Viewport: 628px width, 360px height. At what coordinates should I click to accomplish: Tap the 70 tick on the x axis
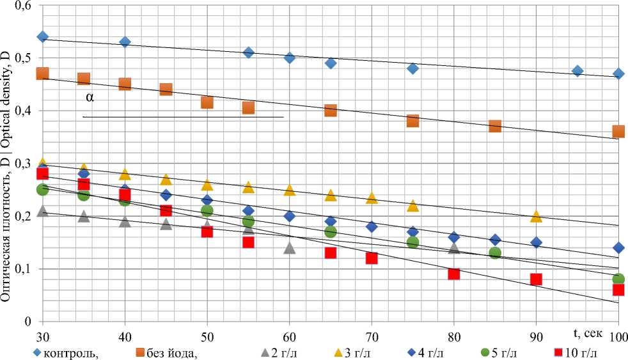pyautogui.click(x=372, y=336)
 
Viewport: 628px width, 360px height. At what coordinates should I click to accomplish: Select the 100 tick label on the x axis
pyautogui.click(x=618, y=336)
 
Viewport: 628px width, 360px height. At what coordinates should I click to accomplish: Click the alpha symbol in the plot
pyautogui.click(x=89, y=98)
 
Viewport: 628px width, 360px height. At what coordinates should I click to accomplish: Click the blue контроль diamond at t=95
pyautogui.click(x=577, y=71)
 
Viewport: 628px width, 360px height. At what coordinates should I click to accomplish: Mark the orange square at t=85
pyautogui.click(x=495, y=126)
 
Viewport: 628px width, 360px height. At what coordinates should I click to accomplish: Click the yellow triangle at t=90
pyautogui.click(x=536, y=216)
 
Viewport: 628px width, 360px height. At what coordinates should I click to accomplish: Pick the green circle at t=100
pyautogui.click(x=618, y=279)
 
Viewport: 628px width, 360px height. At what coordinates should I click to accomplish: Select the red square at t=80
pyautogui.click(x=454, y=274)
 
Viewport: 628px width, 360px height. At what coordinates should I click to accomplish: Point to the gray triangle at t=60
pyautogui.click(x=290, y=247)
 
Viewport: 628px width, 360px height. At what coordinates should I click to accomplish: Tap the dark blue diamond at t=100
pyautogui.click(x=618, y=247)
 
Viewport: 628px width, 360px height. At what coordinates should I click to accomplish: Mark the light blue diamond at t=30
pyautogui.click(x=43, y=36)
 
